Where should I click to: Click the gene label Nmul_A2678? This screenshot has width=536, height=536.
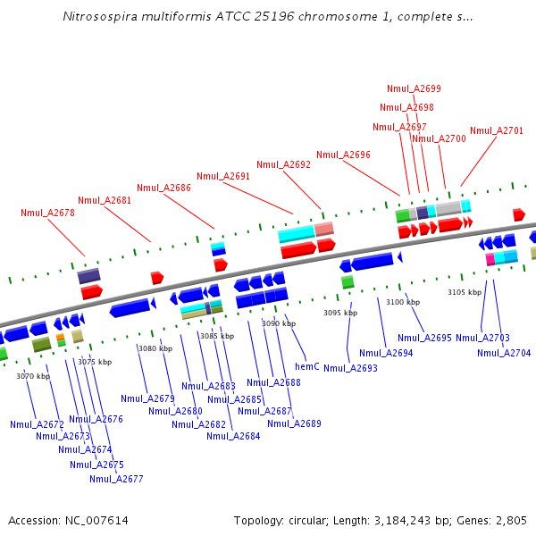47,213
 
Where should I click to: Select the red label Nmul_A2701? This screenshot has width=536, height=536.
497,130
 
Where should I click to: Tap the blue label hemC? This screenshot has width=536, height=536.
307,366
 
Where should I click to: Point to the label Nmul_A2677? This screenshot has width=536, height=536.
116,479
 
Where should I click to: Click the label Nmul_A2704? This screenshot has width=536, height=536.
504,353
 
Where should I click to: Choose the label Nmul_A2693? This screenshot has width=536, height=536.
350,368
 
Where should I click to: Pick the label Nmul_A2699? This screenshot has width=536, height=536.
414,88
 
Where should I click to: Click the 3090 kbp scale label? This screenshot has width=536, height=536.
278,323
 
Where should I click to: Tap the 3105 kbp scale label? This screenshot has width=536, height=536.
465,292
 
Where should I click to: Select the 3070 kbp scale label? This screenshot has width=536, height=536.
33,376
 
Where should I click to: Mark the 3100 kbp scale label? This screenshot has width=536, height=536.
403,302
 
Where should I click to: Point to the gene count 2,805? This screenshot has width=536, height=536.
511,520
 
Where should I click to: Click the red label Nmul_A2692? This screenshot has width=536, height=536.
283,164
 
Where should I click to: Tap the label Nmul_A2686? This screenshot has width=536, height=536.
163,188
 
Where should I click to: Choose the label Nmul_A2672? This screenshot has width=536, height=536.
37,423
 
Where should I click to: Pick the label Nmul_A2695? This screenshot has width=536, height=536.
424,338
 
